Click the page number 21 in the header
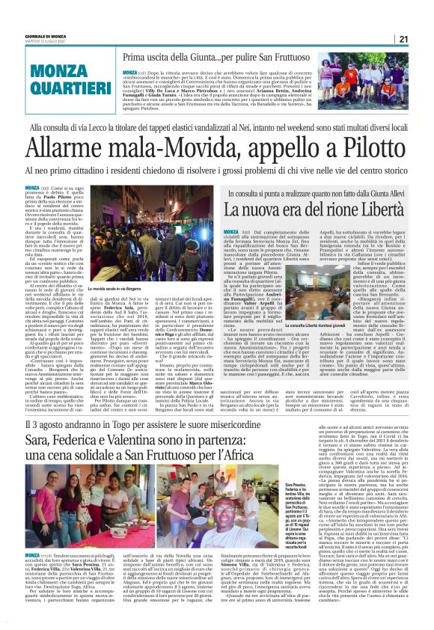(x=424, y=40)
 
